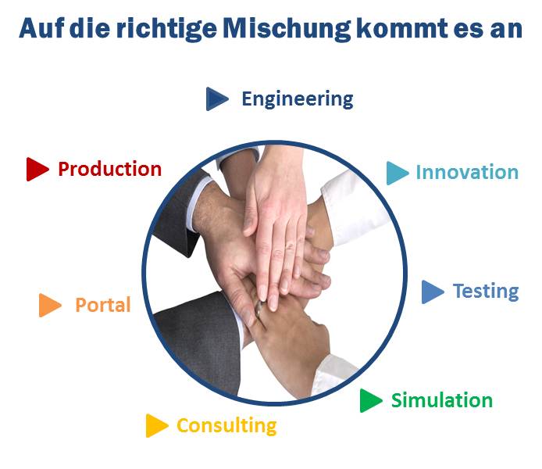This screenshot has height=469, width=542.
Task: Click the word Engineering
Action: coord(298,99)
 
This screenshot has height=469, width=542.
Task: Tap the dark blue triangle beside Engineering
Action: coord(217,99)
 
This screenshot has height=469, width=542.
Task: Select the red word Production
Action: coord(109,169)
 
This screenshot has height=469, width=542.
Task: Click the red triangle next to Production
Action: coord(37,169)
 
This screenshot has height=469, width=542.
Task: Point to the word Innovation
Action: coord(467,172)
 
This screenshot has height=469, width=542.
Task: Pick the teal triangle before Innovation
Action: coord(398,173)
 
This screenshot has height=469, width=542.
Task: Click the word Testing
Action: coord(486,292)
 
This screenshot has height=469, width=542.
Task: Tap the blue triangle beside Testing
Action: coord(433,292)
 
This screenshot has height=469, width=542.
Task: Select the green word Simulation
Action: coord(442,400)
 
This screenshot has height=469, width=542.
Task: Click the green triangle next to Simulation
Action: coord(370,400)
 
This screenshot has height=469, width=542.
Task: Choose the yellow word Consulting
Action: coord(226,426)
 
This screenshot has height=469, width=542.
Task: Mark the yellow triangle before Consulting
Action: coord(156,425)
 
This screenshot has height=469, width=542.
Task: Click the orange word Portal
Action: coord(103,305)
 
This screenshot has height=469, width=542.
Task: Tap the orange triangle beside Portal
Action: coord(50,305)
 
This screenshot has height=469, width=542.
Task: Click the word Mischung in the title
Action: coord(287,29)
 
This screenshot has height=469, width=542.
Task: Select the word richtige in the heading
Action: coord(166,29)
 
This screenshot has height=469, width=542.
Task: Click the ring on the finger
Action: coord(259,309)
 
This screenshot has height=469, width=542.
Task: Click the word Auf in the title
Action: coord(41,27)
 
